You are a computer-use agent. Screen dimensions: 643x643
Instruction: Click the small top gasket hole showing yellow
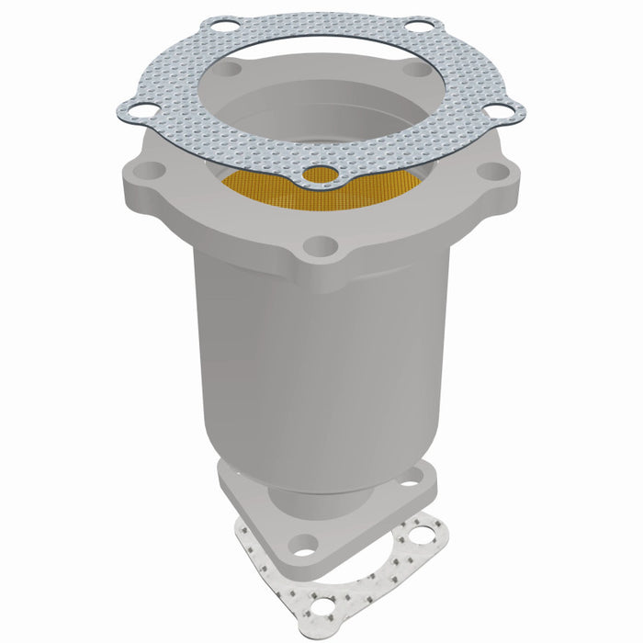click(320, 174)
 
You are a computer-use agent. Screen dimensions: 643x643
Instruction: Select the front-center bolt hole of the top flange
click(321, 245)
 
